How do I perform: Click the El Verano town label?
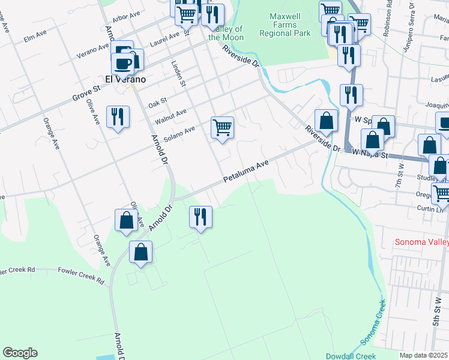[x=125, y=79]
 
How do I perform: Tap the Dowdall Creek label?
[x=349, y=356]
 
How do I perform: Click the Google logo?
[x=20, y=353]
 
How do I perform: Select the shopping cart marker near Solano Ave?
[x=222, y=128]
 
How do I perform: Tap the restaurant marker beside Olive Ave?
[x=118, y=117]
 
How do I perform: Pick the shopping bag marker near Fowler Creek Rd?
[x=140, y=253]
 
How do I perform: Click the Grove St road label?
[x=86, y=94]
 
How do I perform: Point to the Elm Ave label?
[x=35, y=37]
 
